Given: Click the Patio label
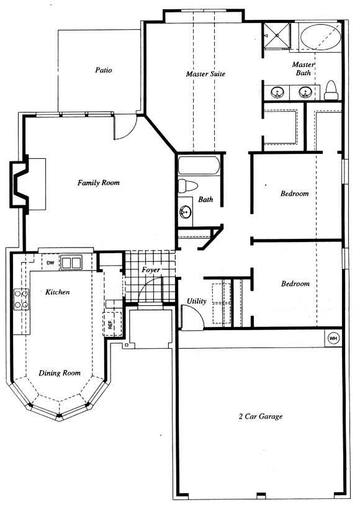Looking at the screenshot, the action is (x=104, y=70).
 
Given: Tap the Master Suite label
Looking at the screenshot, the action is (x=205, y=74).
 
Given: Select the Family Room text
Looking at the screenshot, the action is (x=99, y=183).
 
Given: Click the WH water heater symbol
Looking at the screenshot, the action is (x=333, y=338).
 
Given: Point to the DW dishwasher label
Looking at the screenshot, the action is (x=50, y=263).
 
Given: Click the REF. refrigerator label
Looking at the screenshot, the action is (x=110, y=324).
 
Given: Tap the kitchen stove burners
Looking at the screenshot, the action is (x=21, y=299).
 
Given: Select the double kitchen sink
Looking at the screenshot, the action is (x=71, y=262).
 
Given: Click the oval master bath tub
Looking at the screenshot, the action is (x=321, y=37).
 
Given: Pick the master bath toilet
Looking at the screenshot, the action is (x=331, y=91).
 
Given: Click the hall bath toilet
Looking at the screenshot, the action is (x=188, y=186).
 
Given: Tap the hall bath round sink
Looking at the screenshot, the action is (x=185, y=212).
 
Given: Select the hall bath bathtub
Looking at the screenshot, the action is (x=199, y=166).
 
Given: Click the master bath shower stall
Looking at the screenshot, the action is (x=276, y=35).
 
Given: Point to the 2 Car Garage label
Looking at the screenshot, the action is (x=261, y=416).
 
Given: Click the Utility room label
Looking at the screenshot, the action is (x=196, y=301).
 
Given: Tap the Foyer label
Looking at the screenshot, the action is (x=151, y=270).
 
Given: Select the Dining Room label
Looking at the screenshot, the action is (x=60, y=373).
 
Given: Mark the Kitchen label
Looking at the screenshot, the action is (x=57, y=292).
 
